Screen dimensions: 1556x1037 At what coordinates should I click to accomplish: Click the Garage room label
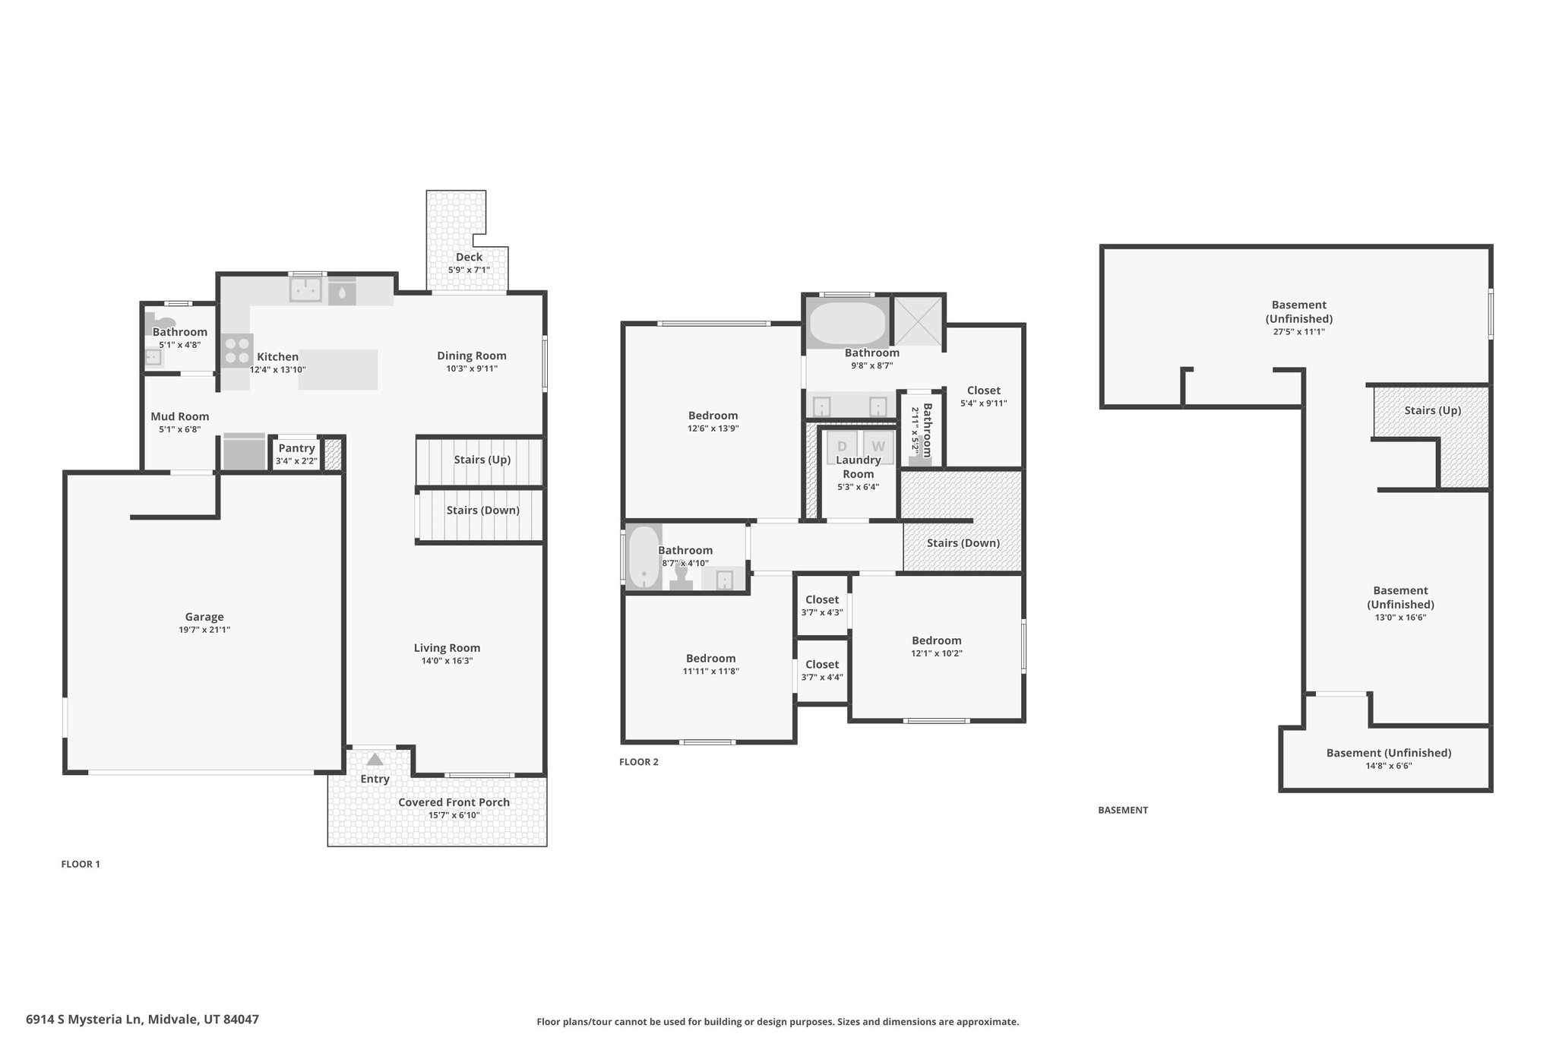point(204,617)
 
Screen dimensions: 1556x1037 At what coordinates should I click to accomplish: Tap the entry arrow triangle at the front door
point(375,759)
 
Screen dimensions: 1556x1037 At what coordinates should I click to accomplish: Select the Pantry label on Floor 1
point(296,448)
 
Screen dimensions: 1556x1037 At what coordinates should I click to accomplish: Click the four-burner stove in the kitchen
point(238,350)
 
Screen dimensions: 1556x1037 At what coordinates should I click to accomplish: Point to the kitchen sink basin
point(305,289)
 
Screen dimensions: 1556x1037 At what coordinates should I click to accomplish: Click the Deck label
point(469,257)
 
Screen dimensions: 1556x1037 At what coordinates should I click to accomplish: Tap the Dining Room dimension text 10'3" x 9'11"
point(472,369)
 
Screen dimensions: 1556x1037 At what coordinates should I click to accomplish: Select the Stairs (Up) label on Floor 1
point(482,460)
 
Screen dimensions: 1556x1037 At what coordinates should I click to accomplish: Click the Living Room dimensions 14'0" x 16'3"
point(447,661)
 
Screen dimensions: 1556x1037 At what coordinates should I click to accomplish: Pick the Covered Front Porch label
point(454,802)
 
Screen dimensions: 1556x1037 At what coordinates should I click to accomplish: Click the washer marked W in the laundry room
point(878,447)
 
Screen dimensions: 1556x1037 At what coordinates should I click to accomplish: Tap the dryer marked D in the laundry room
point(842,447)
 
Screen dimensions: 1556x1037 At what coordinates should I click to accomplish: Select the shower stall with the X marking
point(918,322)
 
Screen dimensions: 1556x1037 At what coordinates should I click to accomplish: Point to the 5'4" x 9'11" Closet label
point(984,390)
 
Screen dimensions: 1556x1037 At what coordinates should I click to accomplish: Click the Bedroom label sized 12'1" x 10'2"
point(937,640)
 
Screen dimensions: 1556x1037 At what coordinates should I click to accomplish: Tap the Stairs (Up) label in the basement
point(1433,410)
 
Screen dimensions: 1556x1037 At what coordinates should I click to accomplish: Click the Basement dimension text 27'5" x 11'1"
point(1299,332)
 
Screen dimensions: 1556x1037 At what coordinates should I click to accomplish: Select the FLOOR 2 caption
point(639,762)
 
